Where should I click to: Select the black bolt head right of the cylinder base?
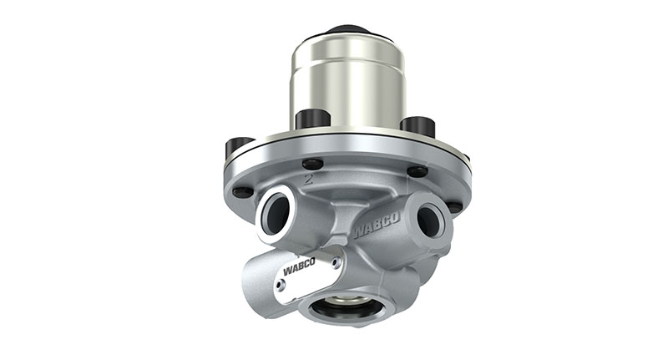pos(417,125)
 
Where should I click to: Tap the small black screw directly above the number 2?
pos(312,164)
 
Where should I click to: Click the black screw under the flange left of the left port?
pos(242,193)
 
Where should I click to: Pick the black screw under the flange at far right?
pos(454,206)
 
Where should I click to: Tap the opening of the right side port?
pos(429,221)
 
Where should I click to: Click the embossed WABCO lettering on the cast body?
pos(376,224)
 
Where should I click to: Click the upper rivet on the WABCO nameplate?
pos(334,261)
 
